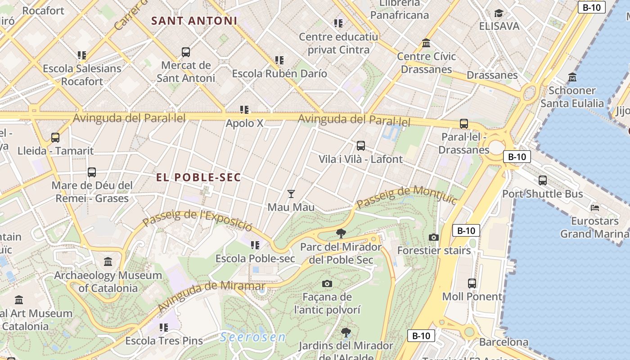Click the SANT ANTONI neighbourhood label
click(194, 21)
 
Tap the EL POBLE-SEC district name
click(198, 177)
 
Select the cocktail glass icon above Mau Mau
click(291, 194)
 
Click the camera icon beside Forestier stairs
click(434, 237)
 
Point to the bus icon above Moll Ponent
click(472, 283)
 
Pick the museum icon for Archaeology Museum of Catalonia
click(108, 261)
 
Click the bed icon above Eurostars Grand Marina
click(595, 208)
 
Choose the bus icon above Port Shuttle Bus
click(543, 180)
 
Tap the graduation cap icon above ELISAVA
click(499, 13)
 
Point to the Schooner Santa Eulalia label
click(572, 97)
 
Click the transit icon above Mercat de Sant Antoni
click(186, 52)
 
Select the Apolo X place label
click(244, 123)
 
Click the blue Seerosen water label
click(253, 337)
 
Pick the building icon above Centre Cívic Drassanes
click(426, 43)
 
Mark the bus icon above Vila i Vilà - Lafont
click(360, 146)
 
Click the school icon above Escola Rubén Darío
click(279, 60)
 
